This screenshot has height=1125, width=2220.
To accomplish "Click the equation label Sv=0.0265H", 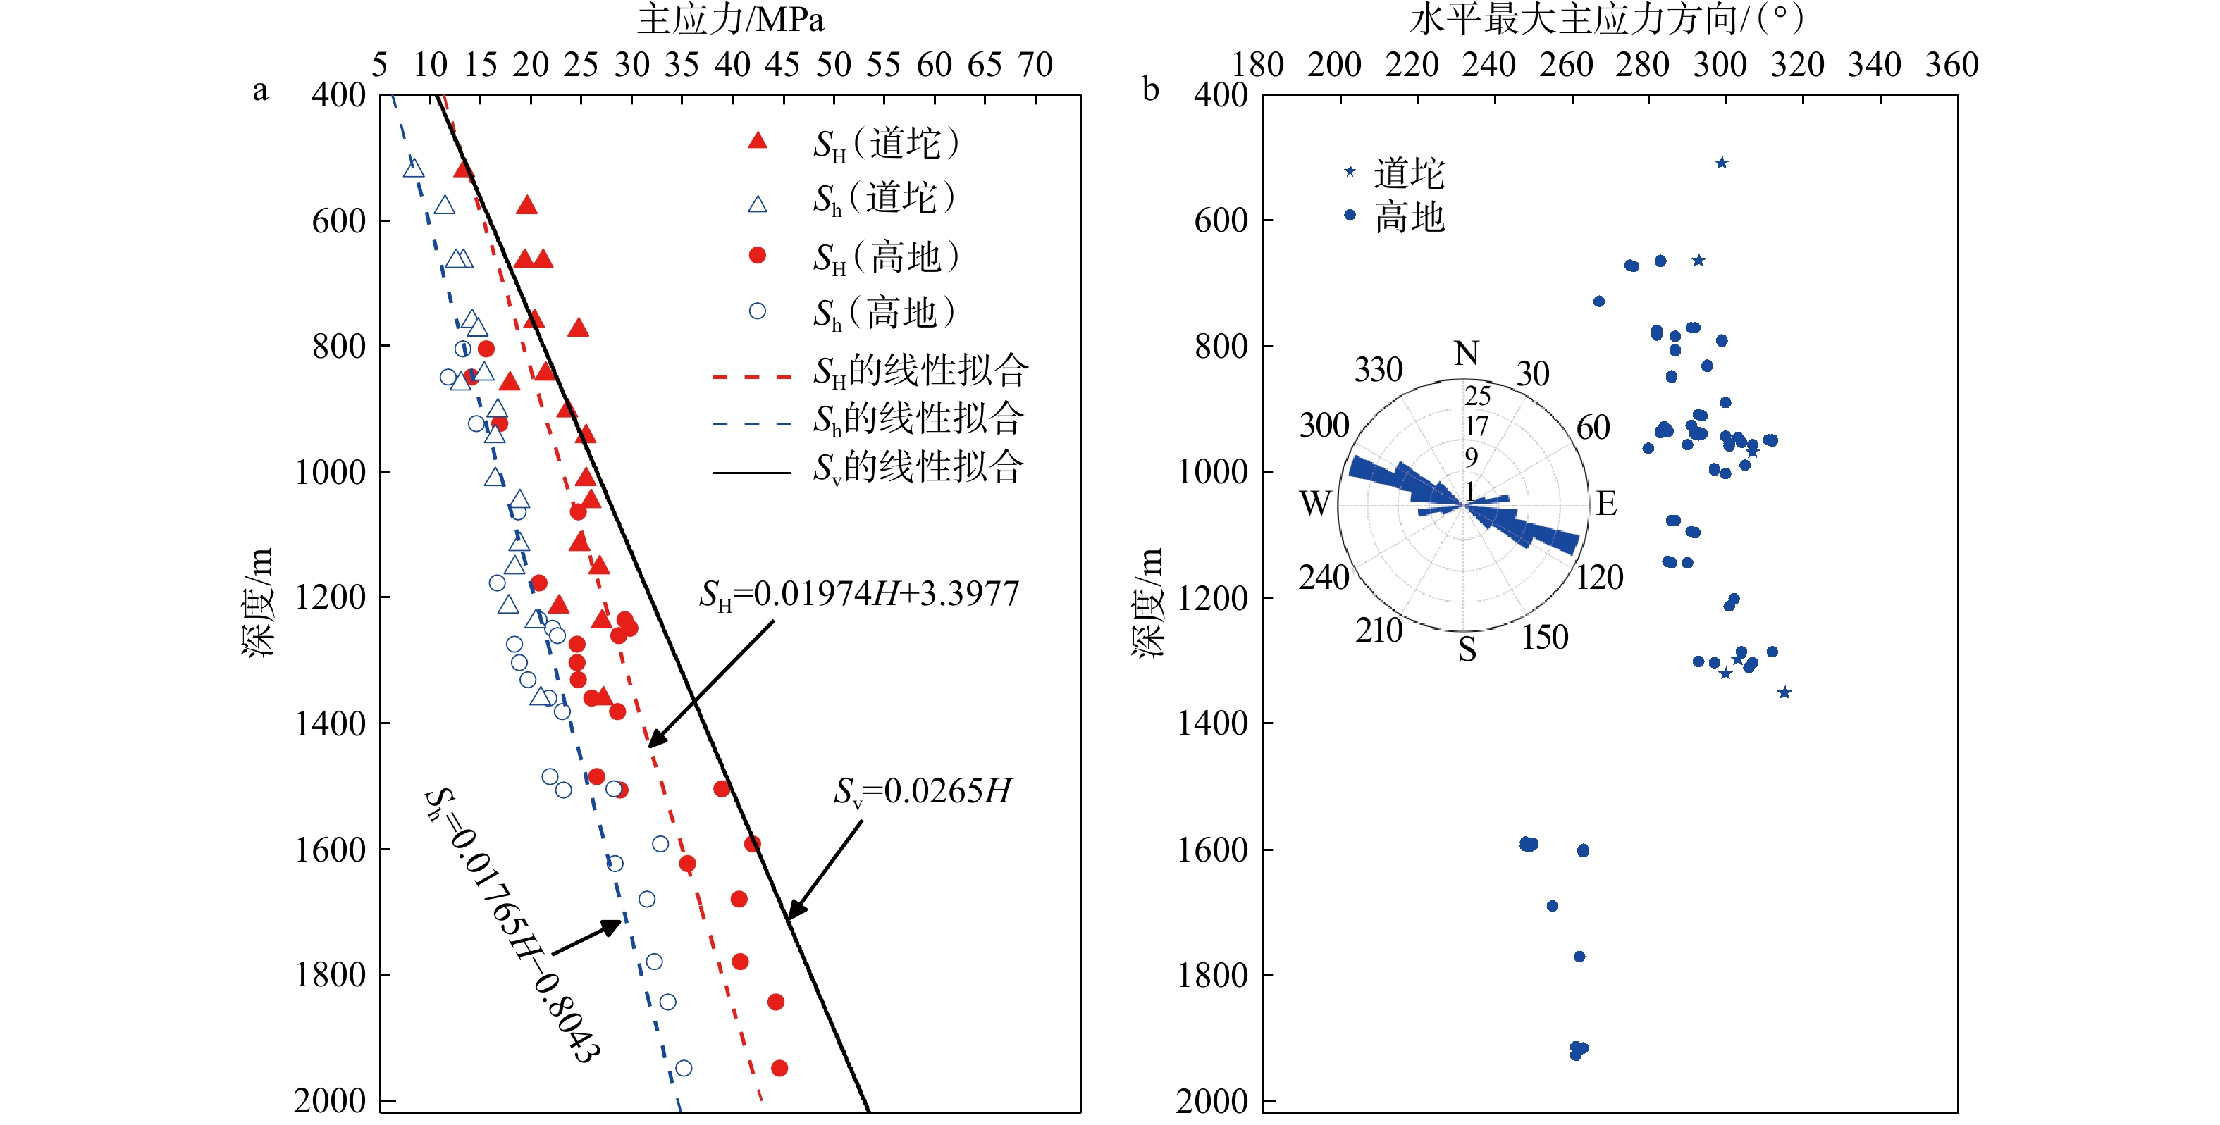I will (x=922, y=792).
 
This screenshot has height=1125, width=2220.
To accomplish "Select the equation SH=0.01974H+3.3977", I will (x=859, y=595).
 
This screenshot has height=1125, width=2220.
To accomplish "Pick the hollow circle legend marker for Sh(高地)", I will (x=757, y=311).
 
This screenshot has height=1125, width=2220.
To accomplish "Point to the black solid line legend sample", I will (x=751, y=472).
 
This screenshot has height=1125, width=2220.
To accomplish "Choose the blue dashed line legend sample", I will (x=751, y=424).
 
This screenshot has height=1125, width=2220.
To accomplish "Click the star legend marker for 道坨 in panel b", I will (x=1350, y=171).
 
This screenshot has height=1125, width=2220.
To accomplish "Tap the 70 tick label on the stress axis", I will (x=1035, y=65).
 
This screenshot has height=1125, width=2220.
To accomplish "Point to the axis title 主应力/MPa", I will (x=730, y=19).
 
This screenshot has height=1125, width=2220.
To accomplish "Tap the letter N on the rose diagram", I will (x=1466, y=353).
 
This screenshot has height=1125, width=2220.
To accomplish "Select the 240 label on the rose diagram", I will (x=1323, y=577).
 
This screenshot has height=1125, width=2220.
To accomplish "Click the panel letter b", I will (x=1150, y=89).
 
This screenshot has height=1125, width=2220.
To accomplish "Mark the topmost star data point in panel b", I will (x=1721, y=163).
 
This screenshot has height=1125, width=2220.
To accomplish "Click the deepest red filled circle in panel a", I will (x=779, y=1068).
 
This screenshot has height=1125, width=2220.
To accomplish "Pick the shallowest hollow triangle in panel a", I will (x=414, y=168).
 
